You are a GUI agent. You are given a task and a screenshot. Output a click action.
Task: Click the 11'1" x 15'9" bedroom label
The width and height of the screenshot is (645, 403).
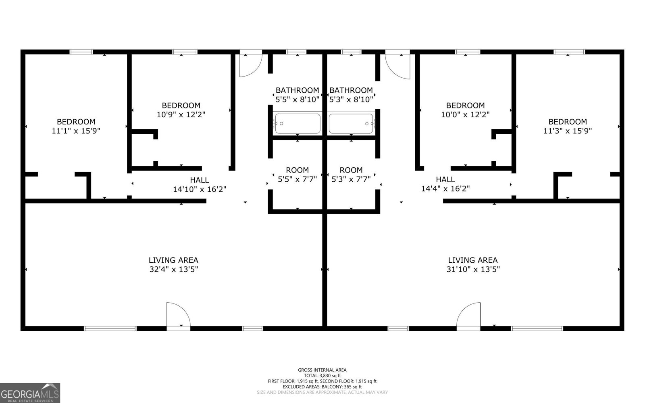point(76,126)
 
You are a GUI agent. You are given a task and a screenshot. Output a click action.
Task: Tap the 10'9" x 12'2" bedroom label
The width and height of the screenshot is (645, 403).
point(181,110)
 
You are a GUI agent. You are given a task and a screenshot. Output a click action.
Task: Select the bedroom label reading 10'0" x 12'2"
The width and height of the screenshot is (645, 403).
point(465,110)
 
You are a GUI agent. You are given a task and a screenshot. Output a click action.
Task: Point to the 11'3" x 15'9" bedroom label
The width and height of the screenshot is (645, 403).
point(568,126)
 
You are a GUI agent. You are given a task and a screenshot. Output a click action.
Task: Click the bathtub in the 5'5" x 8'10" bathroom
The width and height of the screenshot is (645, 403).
point(298,123)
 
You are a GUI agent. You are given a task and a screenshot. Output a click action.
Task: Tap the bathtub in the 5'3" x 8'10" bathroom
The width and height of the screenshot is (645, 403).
point(351,123)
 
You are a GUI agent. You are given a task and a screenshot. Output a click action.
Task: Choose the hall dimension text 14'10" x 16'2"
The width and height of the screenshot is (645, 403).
point(200,189)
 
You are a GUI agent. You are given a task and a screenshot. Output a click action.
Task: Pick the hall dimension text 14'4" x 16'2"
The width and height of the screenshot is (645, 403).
point(445,189)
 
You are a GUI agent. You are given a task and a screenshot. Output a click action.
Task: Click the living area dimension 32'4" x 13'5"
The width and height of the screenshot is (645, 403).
point(174,269)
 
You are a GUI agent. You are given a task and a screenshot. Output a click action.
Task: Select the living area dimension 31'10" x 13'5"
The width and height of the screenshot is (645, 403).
point(473,269)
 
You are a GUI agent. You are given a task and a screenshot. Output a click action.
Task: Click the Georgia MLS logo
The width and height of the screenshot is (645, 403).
point(30,393)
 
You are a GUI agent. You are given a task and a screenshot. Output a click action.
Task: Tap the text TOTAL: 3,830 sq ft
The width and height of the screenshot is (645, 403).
point(322,375)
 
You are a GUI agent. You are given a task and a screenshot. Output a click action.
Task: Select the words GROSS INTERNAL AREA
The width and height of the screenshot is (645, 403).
point(322,370)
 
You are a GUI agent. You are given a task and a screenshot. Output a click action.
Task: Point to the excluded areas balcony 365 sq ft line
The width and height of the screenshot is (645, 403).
point(322,386)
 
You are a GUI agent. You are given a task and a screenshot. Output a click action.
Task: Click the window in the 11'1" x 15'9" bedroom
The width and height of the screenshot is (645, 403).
point(81,52)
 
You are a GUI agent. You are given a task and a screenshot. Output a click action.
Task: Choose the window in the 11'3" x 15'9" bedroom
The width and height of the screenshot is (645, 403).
point(569,52)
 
